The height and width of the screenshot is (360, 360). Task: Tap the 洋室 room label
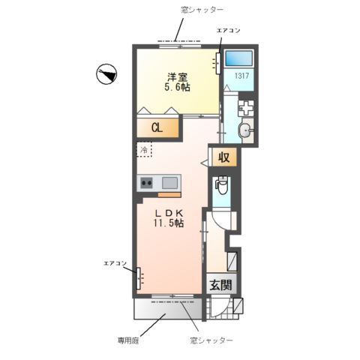[x=177, y=76]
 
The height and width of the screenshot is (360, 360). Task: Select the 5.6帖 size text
[x=177, y=88]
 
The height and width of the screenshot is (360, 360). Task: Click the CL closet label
[x=157, y=127]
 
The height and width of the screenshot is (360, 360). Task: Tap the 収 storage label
[x=223, y=157]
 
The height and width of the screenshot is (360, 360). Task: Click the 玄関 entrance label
[x=220, y=286]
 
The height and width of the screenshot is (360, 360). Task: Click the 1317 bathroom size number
[x=241, y=76]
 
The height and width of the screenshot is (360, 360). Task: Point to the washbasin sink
[x=245, y=131]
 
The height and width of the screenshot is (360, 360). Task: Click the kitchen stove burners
[x=145, y=182]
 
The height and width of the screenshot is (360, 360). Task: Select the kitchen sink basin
[x=169, y=182]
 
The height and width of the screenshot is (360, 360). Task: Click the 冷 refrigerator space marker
[x=143, y=149]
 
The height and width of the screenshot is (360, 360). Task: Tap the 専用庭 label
[x=127, y=340]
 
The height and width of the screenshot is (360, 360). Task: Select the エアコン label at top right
[x=228, y=31]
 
